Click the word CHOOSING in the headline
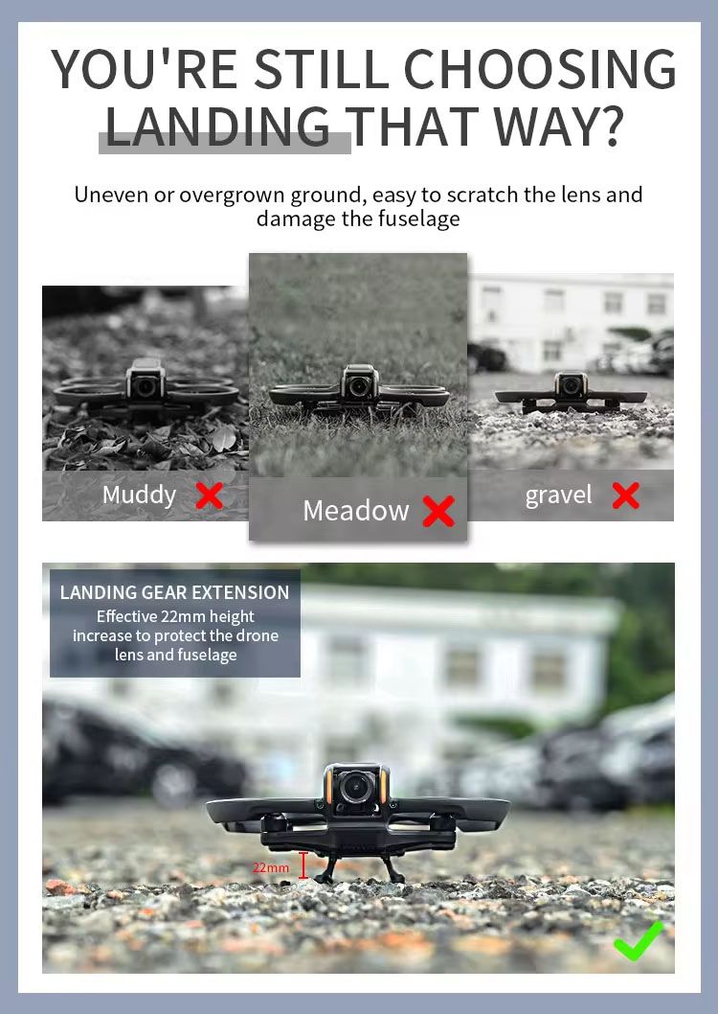point(540,69)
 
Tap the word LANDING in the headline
point(217,127)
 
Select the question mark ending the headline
point(609,127)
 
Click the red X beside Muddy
point(210,496)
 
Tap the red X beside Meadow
point(438,511)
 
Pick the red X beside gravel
point(626,495)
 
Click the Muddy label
point(139,495)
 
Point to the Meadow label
point(356,511)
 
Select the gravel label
point(558,495)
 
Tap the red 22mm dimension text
point(271,867)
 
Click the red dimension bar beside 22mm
point(303,865)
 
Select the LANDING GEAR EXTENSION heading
point(174,592)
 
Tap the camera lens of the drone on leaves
point(146,386)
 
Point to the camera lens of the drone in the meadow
point(358,386)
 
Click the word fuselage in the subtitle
point(418,219)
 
